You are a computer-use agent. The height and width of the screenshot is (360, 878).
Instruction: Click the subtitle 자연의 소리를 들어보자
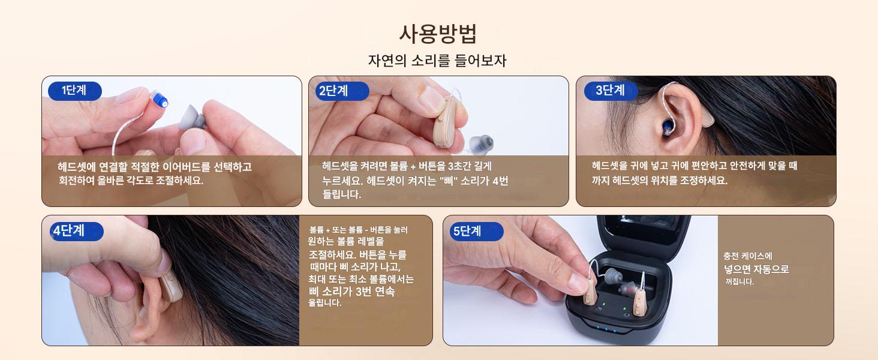click(x=438, y=61)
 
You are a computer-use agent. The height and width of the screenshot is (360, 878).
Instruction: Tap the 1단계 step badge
click(x=74, y=91)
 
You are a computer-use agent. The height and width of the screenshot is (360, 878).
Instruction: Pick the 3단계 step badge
click(x=611, y=91)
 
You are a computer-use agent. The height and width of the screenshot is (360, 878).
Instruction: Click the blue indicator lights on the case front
click(x=606, y=329)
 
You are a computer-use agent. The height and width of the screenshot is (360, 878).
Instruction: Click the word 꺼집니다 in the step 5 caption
click(x=739, y=281)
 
